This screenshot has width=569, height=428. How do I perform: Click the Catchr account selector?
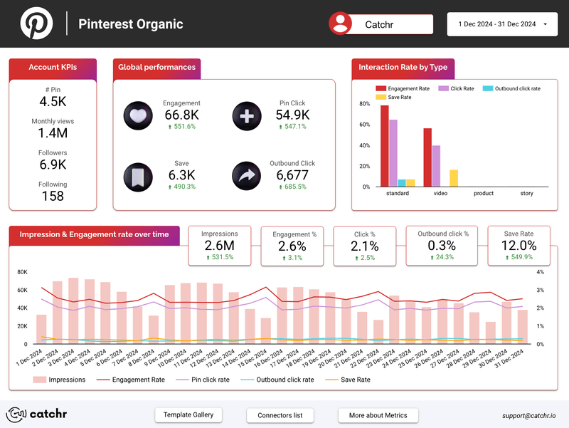click(381, 24)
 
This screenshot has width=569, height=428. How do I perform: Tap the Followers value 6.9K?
click(53, 165)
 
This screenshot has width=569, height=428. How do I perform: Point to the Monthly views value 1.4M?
click(53, 133)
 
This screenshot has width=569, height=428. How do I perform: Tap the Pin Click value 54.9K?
click(292, 115)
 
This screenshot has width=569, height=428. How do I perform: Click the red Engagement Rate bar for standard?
click(385, 146)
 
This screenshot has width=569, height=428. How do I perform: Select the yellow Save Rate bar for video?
click(454, 178)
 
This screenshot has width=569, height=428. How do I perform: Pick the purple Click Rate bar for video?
click(436, 166)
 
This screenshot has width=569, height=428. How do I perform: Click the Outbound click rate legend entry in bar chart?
click(511, 88)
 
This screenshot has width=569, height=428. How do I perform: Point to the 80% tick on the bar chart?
click(364, 104)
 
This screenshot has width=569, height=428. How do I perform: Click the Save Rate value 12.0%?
click(518, 246)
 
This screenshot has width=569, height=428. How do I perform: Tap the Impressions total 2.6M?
click(219, 246)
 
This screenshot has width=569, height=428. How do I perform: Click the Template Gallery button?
click(188, 414)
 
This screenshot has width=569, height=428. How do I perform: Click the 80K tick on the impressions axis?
click(21, 272)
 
